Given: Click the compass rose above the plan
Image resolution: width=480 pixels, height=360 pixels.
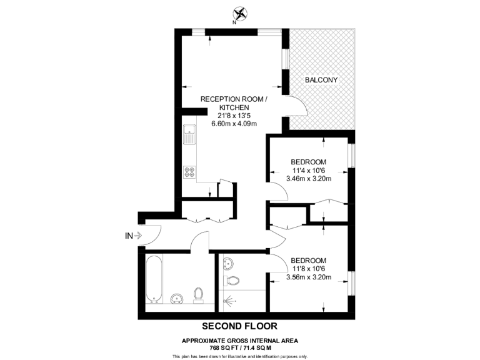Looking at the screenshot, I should click(239, 13).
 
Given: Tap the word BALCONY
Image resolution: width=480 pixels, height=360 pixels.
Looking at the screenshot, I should click(321, 80).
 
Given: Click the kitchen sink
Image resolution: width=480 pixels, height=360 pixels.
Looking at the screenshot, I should click(188, 134).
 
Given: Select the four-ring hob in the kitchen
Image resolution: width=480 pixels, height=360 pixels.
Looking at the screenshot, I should click(188, 172).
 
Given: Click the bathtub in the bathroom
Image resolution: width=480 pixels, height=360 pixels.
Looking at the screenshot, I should click(154, 277).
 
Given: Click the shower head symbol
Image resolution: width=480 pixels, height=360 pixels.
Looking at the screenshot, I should click(232, 302).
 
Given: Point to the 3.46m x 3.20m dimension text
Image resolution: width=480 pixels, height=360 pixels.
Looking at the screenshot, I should click(308, 179).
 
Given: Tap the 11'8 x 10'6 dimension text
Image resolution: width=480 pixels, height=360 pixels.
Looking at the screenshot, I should click(308, 269).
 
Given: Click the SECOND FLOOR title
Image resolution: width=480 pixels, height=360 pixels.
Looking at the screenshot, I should click(239, 326).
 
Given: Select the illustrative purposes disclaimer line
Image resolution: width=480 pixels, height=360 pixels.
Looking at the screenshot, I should click(240, 356).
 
